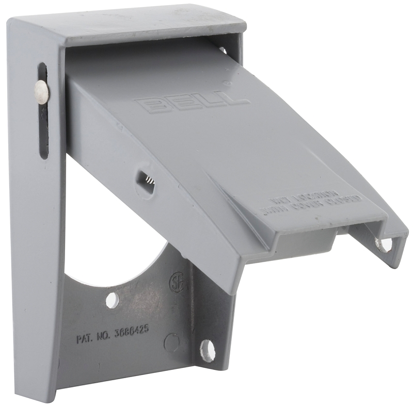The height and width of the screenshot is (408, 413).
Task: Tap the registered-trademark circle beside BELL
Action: point(229,81)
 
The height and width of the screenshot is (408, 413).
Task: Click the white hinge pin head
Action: point(41,91)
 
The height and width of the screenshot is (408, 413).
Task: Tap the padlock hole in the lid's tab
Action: point(384,243)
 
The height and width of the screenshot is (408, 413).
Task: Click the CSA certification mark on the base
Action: point(177,282)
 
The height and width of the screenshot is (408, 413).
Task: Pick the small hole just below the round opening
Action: point(112,299)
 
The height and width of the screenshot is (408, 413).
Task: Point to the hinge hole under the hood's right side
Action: point(223,50)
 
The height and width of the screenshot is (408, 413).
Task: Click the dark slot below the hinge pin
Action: point(43,129)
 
